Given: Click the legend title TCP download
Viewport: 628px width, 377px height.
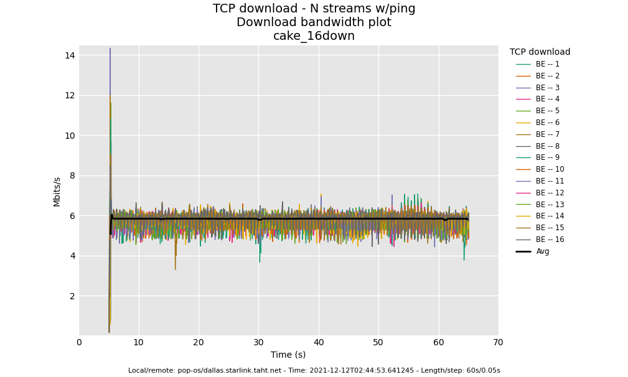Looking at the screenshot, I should point(540,52).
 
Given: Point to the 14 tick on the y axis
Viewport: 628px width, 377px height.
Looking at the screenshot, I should point(70,55).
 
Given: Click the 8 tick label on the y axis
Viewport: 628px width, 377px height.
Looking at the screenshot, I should point(72,175).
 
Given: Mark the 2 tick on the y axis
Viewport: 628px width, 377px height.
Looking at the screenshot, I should point(72,296).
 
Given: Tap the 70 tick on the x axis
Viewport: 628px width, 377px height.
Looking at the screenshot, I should point(498,342).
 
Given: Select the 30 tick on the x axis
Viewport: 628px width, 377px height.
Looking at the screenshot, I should point(258,342).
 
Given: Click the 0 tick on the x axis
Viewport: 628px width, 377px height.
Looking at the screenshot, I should point(79,342).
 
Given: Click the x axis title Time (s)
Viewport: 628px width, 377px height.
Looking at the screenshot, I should point(288,355).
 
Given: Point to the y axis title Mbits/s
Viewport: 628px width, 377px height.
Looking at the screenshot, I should point(57,192).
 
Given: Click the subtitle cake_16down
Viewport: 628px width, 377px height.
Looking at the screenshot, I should point(314,36).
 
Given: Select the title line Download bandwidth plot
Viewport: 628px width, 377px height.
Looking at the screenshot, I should point(314,22).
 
